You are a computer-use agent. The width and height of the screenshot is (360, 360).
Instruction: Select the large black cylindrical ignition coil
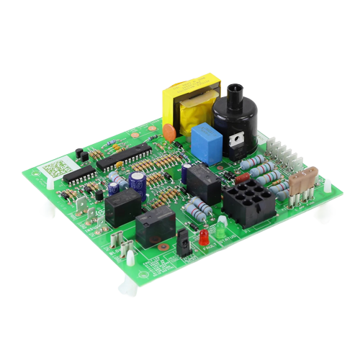click(235, 122)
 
